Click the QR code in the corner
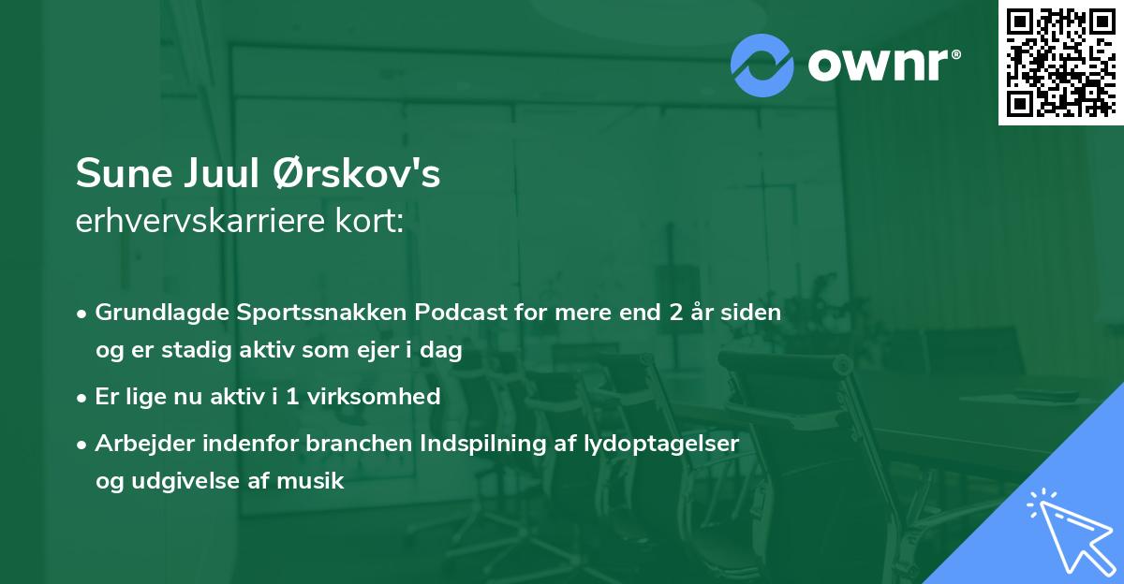point(1060,62)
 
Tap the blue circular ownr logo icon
point(762,66)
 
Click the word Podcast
point(465,313)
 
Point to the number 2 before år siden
point(675,313)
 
